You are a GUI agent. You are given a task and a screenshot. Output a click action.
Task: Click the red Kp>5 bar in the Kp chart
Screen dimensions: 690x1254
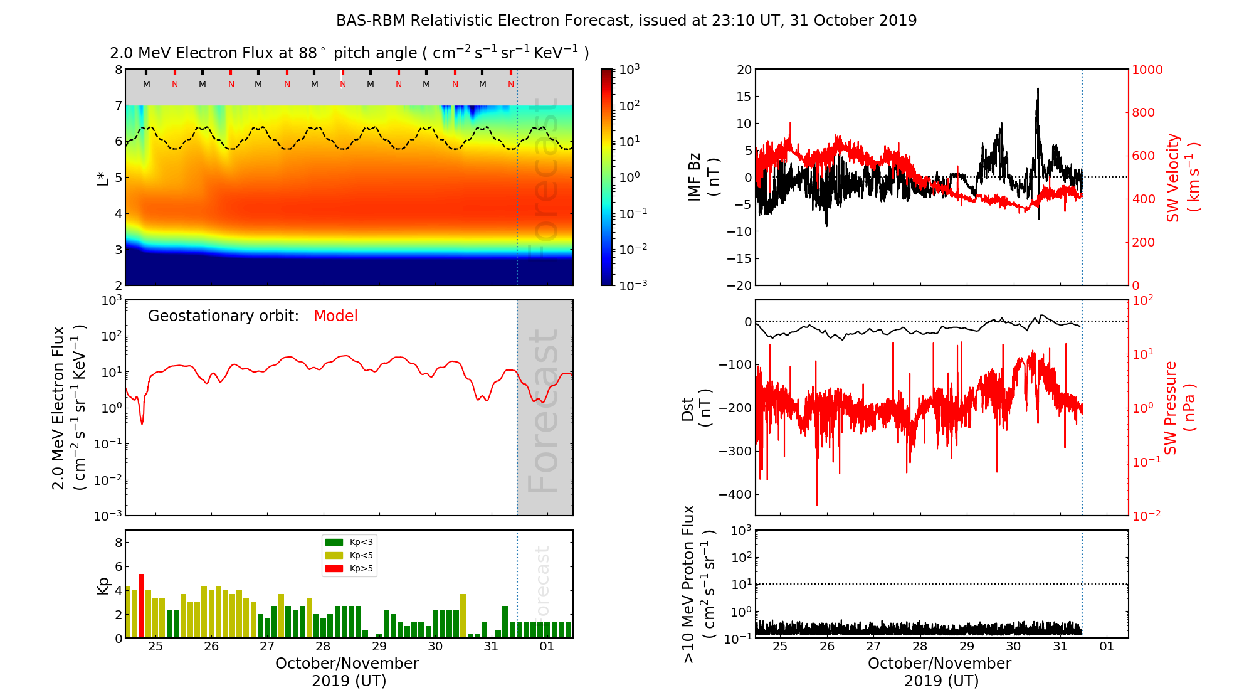141,605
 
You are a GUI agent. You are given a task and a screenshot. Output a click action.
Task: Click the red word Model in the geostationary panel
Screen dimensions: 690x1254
335,316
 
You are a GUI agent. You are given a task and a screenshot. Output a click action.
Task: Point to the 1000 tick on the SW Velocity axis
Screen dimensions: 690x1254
1147,70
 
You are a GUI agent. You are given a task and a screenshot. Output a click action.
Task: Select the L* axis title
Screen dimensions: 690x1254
103,178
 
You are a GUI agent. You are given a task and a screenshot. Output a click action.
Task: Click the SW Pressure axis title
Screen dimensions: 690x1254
1179,408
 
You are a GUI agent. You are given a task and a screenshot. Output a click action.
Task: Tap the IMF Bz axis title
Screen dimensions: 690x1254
702,178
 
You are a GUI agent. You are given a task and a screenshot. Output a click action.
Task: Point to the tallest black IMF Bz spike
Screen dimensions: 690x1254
1038,90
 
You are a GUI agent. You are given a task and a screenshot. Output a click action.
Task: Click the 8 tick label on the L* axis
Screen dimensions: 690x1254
118,70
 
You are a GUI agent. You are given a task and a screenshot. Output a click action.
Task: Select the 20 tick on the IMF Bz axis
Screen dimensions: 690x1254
744,70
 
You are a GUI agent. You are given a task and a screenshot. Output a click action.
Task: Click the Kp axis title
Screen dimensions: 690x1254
103,585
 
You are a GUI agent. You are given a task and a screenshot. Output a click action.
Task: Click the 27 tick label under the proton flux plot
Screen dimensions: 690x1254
873,647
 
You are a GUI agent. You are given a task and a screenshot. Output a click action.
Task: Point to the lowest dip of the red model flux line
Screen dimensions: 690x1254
142,424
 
